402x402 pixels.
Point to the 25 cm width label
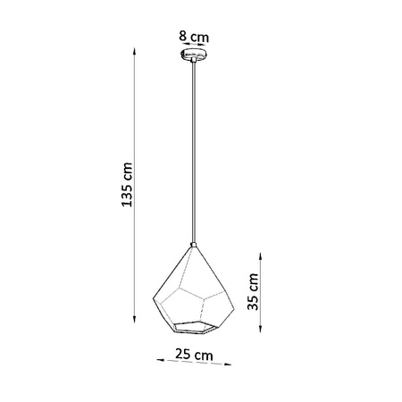[x=195, y=355]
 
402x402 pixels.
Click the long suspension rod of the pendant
[x=193, y=152]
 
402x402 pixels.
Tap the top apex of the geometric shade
[x=193, y=244]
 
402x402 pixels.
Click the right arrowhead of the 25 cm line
[x=230, y=365]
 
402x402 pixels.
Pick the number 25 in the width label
[x=186, y=355]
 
